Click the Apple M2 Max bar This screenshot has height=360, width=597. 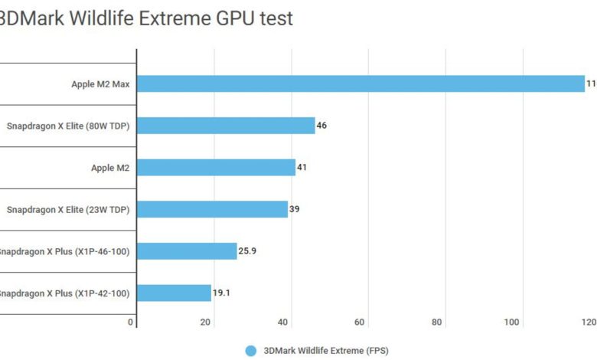pos(360,83)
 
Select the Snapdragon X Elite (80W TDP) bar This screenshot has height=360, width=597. pos(226,126)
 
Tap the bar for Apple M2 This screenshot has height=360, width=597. pos(216,167)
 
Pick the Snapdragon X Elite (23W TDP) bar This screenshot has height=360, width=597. pos(212,209)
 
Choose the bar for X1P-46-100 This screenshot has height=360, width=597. pos(187,250)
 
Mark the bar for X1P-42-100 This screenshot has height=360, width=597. pos(174,293)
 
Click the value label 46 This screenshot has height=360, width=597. pos(321,126)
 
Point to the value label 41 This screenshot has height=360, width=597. pos(302,167)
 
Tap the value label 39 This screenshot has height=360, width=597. pos(294,209)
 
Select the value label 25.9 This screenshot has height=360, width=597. pos(248,250)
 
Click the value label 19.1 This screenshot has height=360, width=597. pos(222,293)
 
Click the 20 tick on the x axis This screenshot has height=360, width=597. pos(205,322)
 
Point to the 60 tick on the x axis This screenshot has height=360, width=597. pos(359,322)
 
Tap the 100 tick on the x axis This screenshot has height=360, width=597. pos(511,322)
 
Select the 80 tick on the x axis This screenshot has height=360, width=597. pos(436,322)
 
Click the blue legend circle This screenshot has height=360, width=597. pos(250,351)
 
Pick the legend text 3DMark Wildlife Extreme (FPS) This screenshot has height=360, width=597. pos(326,351)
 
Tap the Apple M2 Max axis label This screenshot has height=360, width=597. pos(100,84)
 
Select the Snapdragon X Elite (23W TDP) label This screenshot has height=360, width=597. pos(68,209)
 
